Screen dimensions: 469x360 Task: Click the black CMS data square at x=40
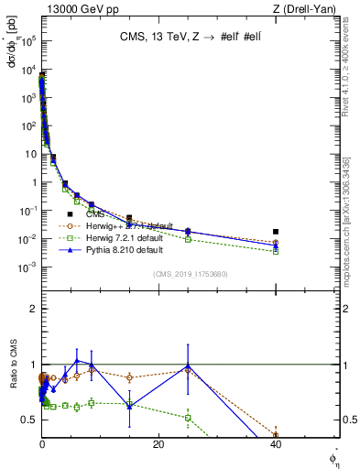276,232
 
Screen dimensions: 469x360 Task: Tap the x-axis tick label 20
158,446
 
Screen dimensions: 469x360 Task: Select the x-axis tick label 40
276,446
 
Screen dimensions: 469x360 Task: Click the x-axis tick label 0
42,446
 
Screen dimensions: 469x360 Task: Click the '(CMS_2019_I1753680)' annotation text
190,273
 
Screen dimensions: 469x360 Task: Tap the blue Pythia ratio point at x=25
188,365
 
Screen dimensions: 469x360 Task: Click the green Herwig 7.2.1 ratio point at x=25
188,418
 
